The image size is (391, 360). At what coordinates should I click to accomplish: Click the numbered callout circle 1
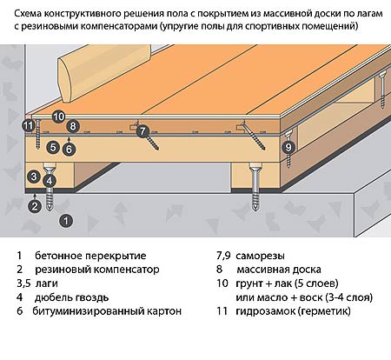click(x=66, y=221)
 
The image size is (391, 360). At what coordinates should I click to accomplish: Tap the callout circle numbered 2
click(x=35, y=206)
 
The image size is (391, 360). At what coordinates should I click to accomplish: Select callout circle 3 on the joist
click(x=34, y=176)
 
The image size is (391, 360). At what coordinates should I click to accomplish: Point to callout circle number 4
click(x=50, y=181)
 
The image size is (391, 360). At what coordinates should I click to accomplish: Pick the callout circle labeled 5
click(x=53, y=147)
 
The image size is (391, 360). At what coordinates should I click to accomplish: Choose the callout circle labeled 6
click(x=69, y=150)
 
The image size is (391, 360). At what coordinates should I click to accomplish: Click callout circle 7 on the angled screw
click(x=142, y=131)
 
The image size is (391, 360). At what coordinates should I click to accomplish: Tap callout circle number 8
click(x=73, y=126)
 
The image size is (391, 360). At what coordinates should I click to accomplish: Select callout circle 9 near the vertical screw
click(x=288, y=147)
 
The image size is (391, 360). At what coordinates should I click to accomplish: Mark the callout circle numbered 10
click(x=58, y=117)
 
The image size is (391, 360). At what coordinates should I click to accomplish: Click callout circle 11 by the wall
click(x=29, y=126)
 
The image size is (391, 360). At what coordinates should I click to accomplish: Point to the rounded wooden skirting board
click(x=104, y=73)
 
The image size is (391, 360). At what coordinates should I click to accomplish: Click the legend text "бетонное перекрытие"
click(x=90, y=256)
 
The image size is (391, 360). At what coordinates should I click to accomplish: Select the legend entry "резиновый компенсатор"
click(x=97, y=270)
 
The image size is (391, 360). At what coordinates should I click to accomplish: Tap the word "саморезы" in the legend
click(x=260, y=256)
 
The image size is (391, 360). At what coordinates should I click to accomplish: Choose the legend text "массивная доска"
click(x=279, y=270)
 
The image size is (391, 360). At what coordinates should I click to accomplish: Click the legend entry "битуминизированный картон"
click(x=107, y=311)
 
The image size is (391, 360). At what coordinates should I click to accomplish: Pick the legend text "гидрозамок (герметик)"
click(x=293, y=311)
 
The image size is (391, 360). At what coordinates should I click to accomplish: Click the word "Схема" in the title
click(x=28, y=13)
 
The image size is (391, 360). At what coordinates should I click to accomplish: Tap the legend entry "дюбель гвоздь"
click(x=71, y=297)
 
